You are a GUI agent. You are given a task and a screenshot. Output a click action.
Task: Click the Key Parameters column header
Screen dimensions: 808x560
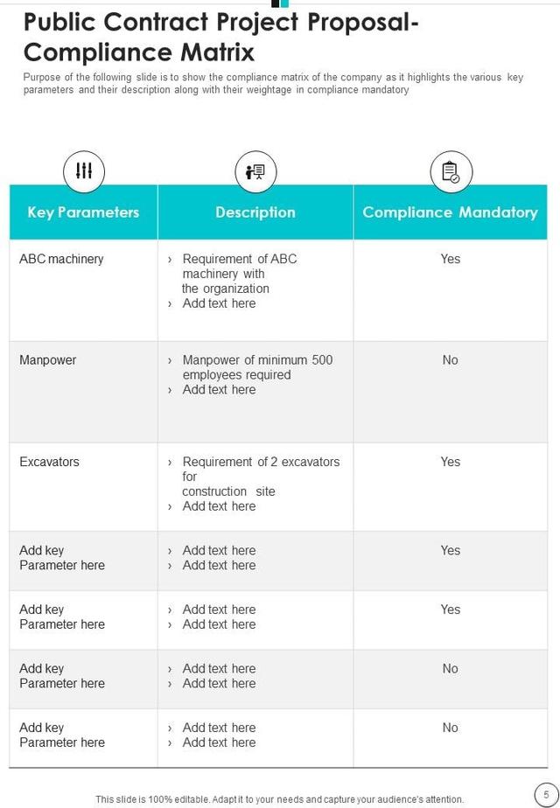[83, 212]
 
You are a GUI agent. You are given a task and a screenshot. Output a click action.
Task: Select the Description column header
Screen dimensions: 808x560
[255, 212]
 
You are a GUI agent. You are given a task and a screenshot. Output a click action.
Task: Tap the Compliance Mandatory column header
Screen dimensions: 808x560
[450, 212]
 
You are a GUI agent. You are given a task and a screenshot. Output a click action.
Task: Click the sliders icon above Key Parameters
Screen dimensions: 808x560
[84, 171]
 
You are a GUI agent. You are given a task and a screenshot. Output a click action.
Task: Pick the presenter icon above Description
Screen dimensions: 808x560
[255, 171]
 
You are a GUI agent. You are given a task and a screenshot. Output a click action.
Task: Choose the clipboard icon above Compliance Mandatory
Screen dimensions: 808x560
[451, 171]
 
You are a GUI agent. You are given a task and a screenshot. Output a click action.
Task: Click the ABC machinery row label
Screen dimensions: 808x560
[61, 259]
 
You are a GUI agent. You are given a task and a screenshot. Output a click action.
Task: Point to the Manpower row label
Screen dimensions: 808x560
[47, 360]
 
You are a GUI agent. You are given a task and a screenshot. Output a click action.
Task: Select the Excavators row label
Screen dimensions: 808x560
[49, 462]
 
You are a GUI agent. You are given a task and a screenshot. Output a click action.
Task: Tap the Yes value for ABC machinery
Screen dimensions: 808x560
[451, 259]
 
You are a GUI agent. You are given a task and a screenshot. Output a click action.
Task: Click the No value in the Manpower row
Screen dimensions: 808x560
[450, 360]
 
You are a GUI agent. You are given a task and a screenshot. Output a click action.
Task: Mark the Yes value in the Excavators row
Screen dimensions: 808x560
[451, 462]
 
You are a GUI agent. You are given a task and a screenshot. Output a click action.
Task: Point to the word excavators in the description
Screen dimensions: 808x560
[307, 462]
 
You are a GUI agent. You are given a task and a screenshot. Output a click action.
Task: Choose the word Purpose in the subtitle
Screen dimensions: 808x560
[43, 77]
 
